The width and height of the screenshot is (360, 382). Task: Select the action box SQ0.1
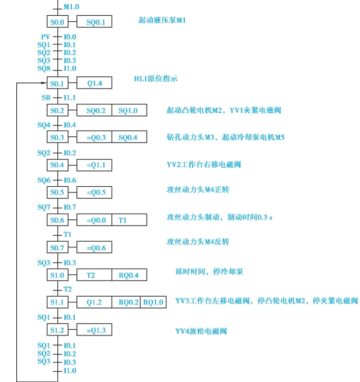click(x=95, y=22)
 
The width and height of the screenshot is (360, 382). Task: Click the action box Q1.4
click(x=95, y=84)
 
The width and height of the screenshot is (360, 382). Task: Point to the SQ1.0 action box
click(x=129, y=111)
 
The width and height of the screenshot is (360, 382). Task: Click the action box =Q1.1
click(x=95, y=165)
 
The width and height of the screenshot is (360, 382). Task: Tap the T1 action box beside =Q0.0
click(x=122, y=220)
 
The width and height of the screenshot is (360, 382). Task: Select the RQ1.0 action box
click(x=153, y=302)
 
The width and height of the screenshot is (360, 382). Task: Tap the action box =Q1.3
click(x=95, y=329)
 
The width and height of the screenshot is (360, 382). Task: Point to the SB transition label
click(x=46, y=97)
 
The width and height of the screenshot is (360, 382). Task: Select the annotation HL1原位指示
click(x=156, y=79)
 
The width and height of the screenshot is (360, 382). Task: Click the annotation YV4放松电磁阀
click(x=201, y=331)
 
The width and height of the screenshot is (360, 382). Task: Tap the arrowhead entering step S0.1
click(x=44, y=84)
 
